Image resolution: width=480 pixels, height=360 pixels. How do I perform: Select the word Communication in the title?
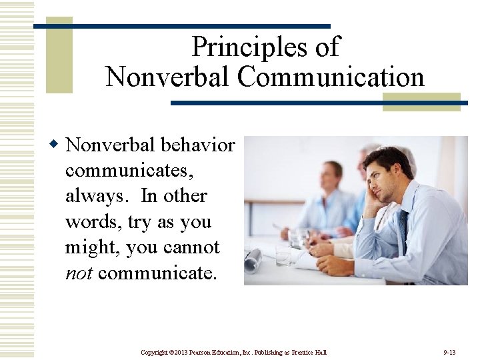(x=331, y=77)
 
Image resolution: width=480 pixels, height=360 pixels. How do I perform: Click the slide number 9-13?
(x=449, y=352)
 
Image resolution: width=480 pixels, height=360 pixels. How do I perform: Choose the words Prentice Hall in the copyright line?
(x=311, y=352)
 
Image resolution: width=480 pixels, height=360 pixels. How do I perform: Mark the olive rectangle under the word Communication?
(x=421, y=102)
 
